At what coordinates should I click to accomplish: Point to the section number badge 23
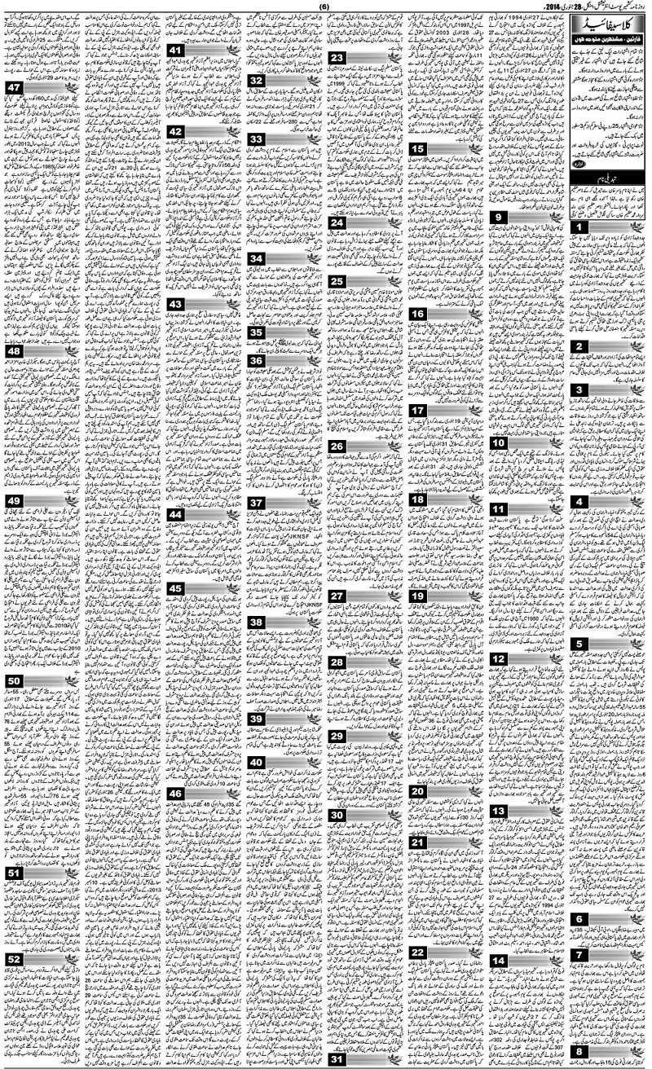click(337, 58)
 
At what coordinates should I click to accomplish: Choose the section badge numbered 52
click(14, 959)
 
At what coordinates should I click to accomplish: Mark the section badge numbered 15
click(417, 148)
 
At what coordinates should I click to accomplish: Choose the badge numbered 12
click(498, 658)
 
